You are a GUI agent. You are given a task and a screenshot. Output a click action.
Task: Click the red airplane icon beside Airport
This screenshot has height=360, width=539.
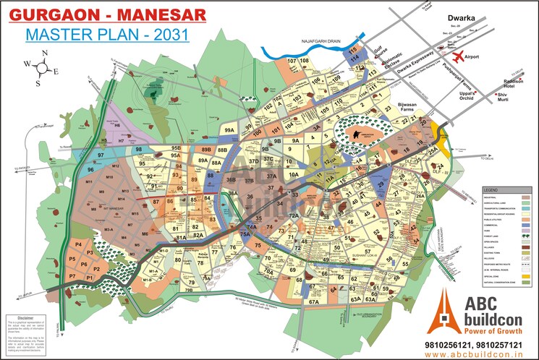tap(457, 56)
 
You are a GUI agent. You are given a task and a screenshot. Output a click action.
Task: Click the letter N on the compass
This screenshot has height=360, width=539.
tap(45, 52)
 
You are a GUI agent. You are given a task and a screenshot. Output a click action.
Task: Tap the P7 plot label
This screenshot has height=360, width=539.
tap(72, 277)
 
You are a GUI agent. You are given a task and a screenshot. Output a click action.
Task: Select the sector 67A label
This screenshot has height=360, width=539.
tap(313, 302)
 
